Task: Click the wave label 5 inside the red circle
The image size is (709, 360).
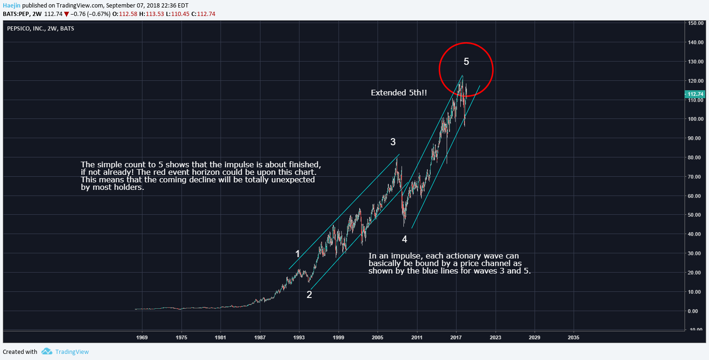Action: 466,61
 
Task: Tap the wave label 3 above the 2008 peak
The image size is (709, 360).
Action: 393,142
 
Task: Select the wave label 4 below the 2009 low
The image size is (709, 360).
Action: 404,239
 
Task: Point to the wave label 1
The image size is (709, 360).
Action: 297,254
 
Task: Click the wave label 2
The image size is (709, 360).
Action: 309,295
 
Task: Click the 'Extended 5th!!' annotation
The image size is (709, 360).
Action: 399,93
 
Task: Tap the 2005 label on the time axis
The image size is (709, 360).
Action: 378,337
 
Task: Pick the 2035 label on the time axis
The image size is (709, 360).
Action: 574,337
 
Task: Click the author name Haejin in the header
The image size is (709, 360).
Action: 11,5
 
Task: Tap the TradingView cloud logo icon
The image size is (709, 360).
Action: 46,351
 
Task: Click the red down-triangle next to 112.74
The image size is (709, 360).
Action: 67,14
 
